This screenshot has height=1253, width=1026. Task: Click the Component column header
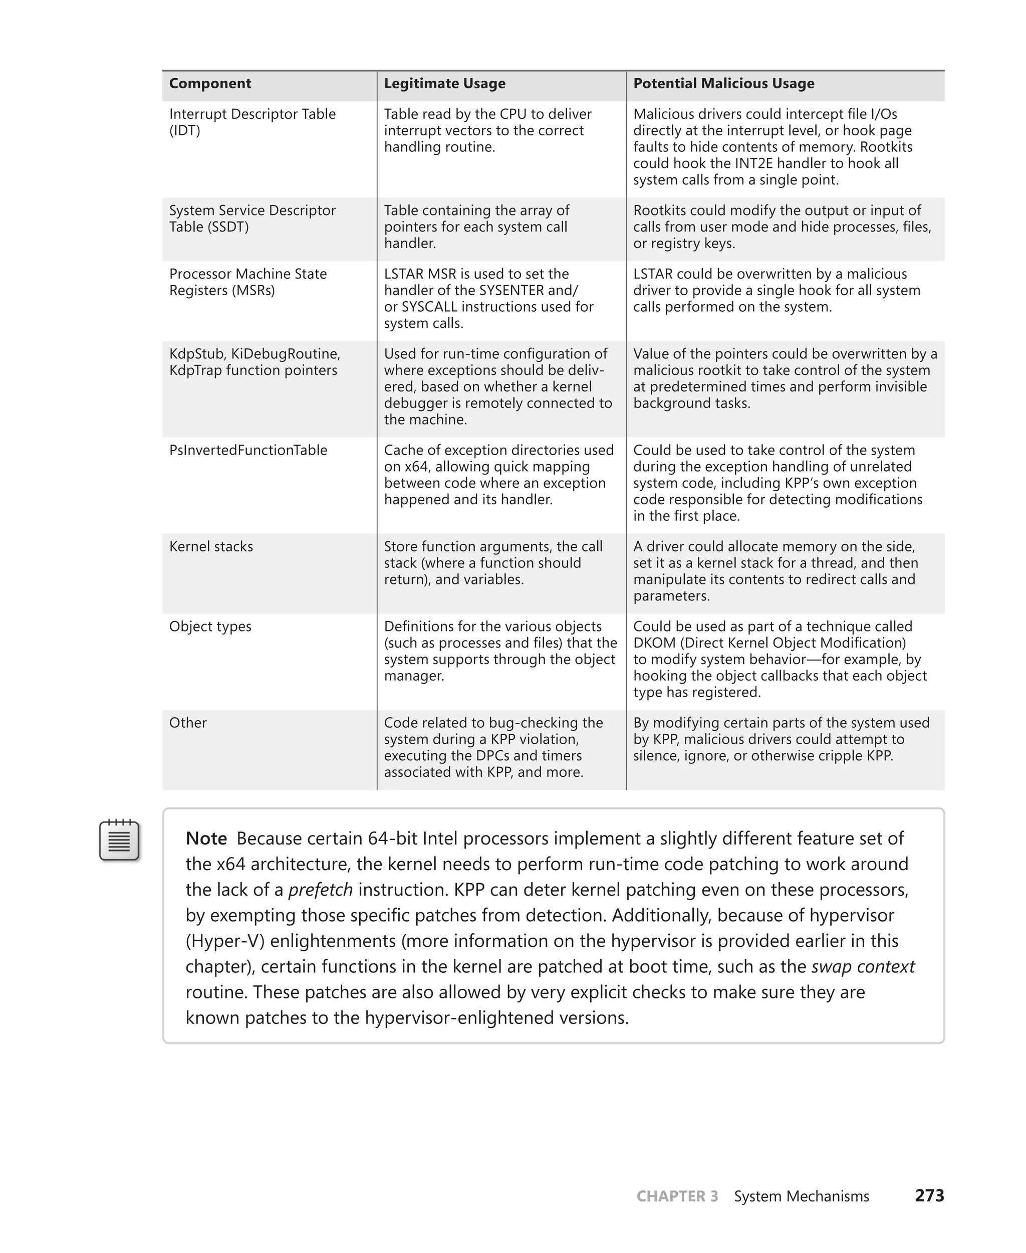[210, 83]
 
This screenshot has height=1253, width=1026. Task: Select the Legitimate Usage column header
[444, 83]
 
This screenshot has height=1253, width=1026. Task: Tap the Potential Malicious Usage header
[723, 83]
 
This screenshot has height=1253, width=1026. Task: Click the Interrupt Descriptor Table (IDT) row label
[252, 122]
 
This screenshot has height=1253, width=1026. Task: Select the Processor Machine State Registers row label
[247, 282]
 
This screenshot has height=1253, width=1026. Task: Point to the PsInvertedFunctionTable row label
[247, 450]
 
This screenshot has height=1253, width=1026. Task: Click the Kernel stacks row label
[211, 546]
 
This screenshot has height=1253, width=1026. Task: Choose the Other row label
[188, 723]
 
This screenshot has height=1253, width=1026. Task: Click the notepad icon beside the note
[119, 840]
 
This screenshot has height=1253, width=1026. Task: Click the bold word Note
[206, 839]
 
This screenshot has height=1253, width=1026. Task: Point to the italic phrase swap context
[862, 967]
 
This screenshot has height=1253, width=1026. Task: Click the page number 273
[929, 1196]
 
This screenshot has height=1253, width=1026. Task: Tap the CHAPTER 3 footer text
[677, 1196]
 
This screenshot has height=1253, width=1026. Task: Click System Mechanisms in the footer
[801, 1196]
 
